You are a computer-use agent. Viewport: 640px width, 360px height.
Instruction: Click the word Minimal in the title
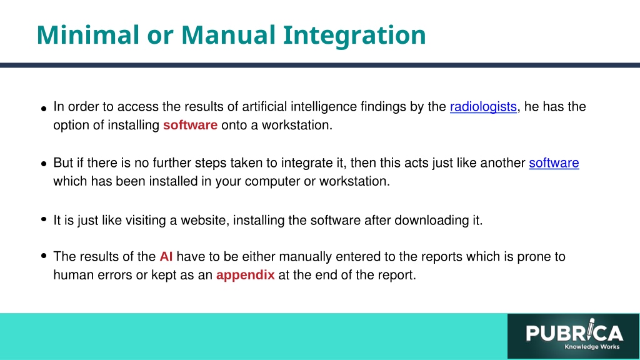88,35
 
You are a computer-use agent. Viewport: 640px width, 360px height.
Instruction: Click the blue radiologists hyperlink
483,107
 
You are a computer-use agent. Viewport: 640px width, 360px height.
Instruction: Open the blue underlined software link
554,163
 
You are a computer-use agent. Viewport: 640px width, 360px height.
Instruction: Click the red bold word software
190,125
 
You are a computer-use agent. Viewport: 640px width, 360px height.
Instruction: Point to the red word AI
166,256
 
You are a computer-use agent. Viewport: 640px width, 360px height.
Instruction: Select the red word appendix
245,275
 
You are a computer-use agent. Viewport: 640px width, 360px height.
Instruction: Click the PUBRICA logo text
574,332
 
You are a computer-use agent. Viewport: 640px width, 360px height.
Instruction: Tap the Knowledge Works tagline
592,347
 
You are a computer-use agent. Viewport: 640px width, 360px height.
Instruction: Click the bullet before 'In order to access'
44,109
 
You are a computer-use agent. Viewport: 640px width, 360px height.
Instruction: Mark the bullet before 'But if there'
44,164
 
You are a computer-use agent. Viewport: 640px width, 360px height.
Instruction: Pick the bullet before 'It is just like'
44,219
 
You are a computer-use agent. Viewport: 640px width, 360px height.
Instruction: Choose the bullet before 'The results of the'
44,256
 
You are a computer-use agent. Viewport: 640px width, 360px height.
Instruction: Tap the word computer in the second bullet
272,181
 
